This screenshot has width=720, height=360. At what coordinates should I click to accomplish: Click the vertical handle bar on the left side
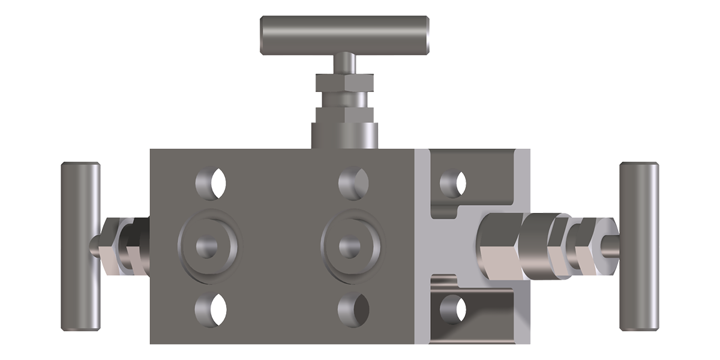(80, 246)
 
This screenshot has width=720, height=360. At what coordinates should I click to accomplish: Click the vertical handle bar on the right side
(640, 246)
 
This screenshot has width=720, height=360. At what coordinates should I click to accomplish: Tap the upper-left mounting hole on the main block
(211, 182)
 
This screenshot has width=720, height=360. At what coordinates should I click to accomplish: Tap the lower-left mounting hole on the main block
(211, 309)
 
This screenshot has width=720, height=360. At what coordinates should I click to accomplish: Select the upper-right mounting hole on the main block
(353, 182)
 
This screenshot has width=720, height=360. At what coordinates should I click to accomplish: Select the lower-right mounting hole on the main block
(353, 309)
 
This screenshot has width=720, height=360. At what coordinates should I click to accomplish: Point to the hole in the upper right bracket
(453, 184)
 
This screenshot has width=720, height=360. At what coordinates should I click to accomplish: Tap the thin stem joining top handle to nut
(344, 62)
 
